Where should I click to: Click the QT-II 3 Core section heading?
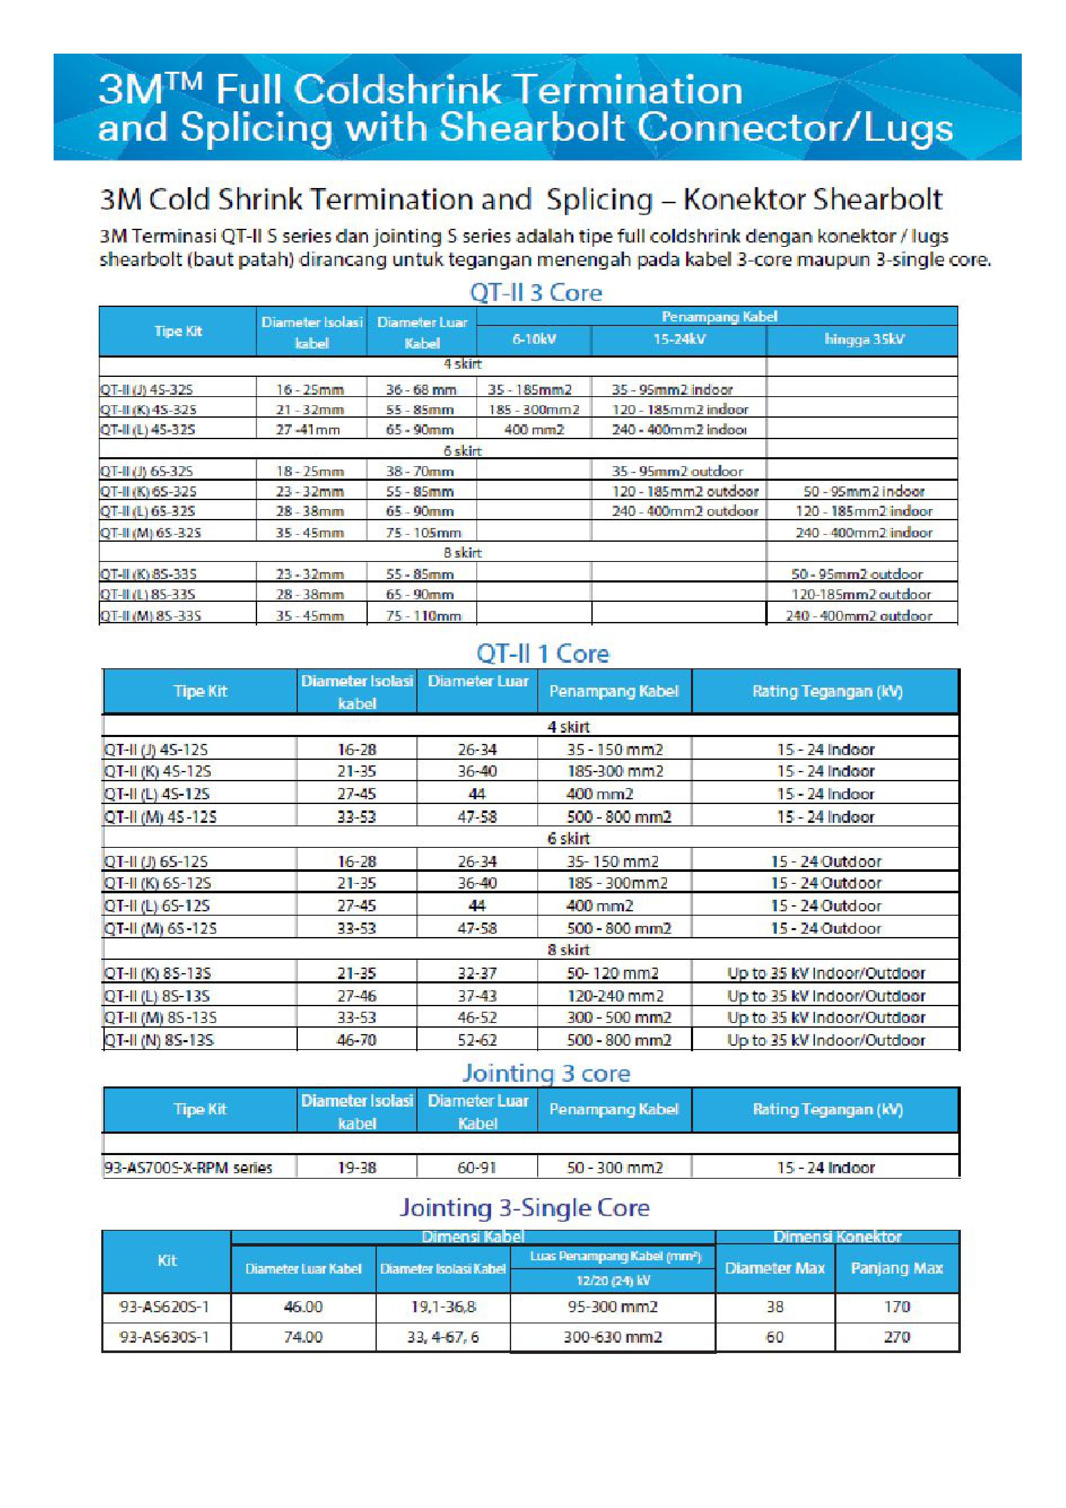click(x=535, y=292)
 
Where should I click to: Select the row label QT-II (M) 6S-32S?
click(x=150, y=533)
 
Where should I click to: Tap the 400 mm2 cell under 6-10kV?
click(x=533, y=430)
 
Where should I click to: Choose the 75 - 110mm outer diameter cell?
click(x=423, y=616)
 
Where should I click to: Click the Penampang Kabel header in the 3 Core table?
click(x=718, y=316)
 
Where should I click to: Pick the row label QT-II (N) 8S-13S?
click(x=159, y=1040)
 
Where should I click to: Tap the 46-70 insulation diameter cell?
click(x=356, y=1040)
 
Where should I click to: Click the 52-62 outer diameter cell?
click(x=477, y=1040)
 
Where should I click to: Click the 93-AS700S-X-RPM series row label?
click(x=188, y=1167)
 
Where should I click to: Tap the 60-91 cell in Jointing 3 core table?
click(x=477, y=1167)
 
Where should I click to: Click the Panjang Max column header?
click(x=896, y=1268)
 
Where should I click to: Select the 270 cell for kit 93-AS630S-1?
click(x=896, y=1337)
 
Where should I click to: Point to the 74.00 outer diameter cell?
click(x=303, y=1337)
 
